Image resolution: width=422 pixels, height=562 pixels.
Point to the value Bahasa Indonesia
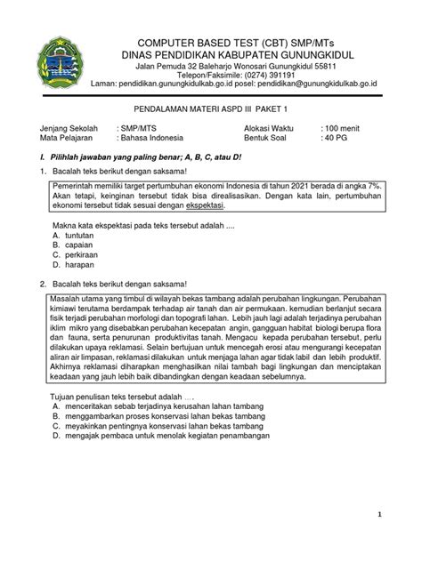[x=152, y=138]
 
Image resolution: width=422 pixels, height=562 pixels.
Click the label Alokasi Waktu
[x=272, y=128]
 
